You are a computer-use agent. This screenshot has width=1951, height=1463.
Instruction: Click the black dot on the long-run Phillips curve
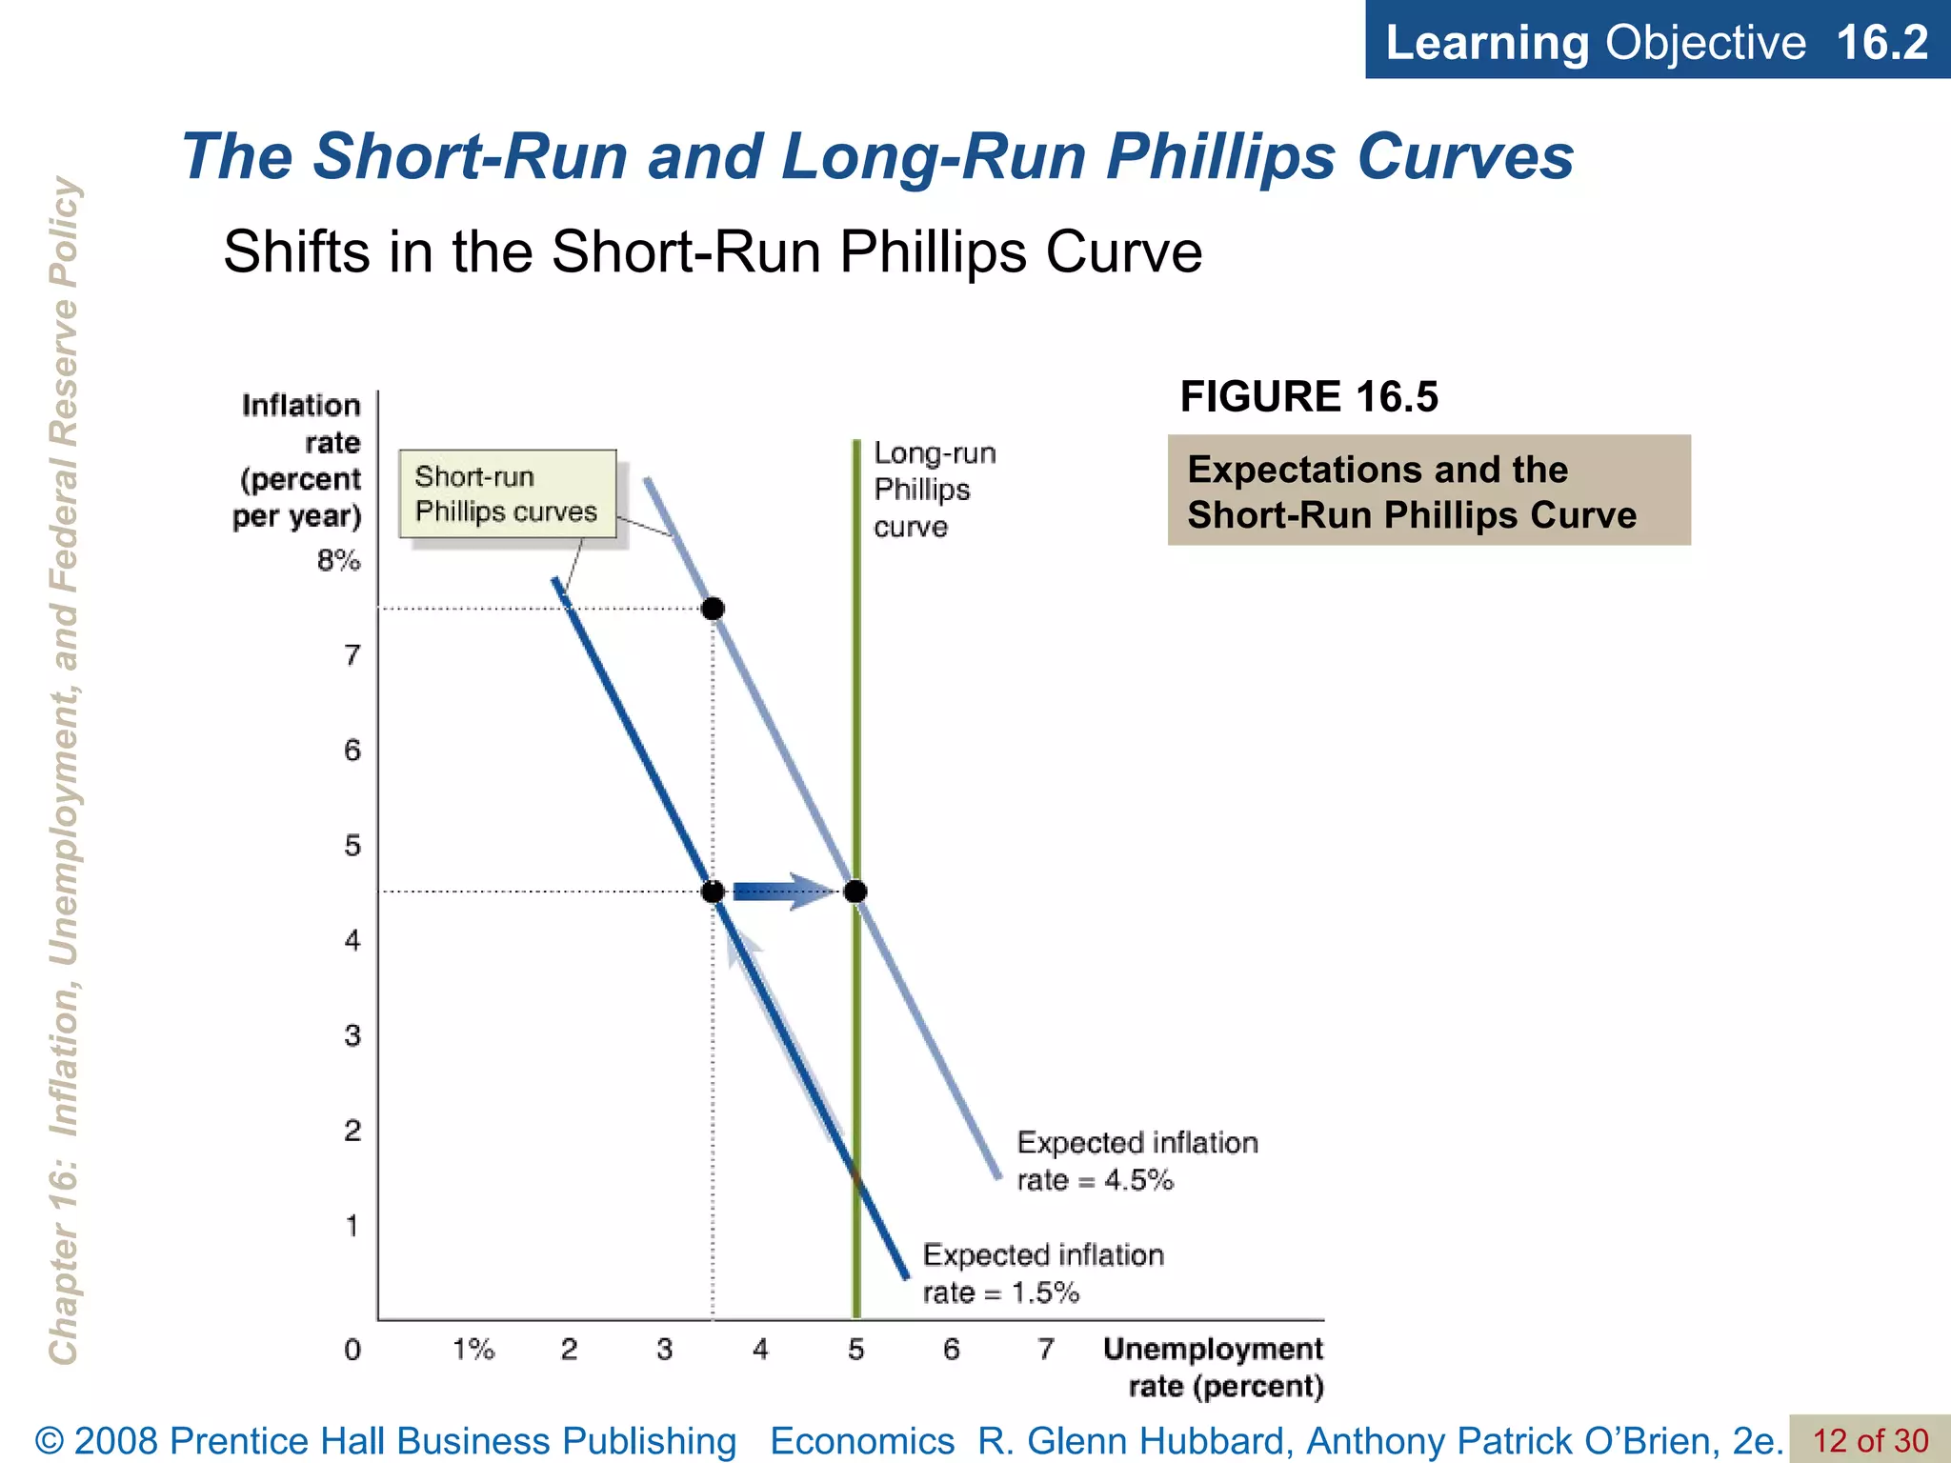pyautogui.click(x=855, y=892)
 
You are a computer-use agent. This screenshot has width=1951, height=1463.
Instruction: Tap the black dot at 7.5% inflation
pyautogui.click(x=713, y=609)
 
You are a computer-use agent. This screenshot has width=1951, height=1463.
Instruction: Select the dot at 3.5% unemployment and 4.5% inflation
pyautogui.click(x=713, y=892)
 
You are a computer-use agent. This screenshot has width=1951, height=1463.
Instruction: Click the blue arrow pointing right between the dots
pyautogui.click(x=783, y=892)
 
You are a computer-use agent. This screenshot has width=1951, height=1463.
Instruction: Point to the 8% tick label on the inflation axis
pyautogui.click(x=338, y=561)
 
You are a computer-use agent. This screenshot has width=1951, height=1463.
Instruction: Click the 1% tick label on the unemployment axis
pyautogui.click(x=473, y=1350)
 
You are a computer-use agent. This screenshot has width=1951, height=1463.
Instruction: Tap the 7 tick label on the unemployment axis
pyautogui.click(x=1046, y=1350)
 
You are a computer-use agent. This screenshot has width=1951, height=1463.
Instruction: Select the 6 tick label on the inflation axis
pyautogui.click(x=352, y=751)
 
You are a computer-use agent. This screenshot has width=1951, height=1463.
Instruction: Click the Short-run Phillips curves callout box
pyautogui.click(x=507, y=493)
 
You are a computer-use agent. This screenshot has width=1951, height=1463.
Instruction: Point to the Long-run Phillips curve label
pyautogui.click(x=934, y=490)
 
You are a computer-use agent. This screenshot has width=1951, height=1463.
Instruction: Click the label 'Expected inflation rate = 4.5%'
pyautogui.click(x=1136, y=1161)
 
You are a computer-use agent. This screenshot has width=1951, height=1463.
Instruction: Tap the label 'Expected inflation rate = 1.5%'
pyautogui.click(x=1042, y=1273)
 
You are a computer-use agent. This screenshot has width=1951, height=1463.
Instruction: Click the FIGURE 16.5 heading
pyautogui.click(x=1309, y=396)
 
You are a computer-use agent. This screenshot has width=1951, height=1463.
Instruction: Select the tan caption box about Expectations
pyautogui.click(x=1429, y=491)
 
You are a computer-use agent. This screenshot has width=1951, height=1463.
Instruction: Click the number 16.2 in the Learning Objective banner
pyautogui.click(x=1881, y=42)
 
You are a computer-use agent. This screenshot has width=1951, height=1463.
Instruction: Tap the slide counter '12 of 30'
pyautogui.click(x=1869, y=1440)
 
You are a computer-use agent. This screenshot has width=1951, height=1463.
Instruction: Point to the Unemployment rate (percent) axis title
pyautogui.click(x=1213, y=1367)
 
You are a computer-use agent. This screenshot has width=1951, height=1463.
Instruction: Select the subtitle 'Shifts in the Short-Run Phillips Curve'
pyautogui.click(x=713, y=252)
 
